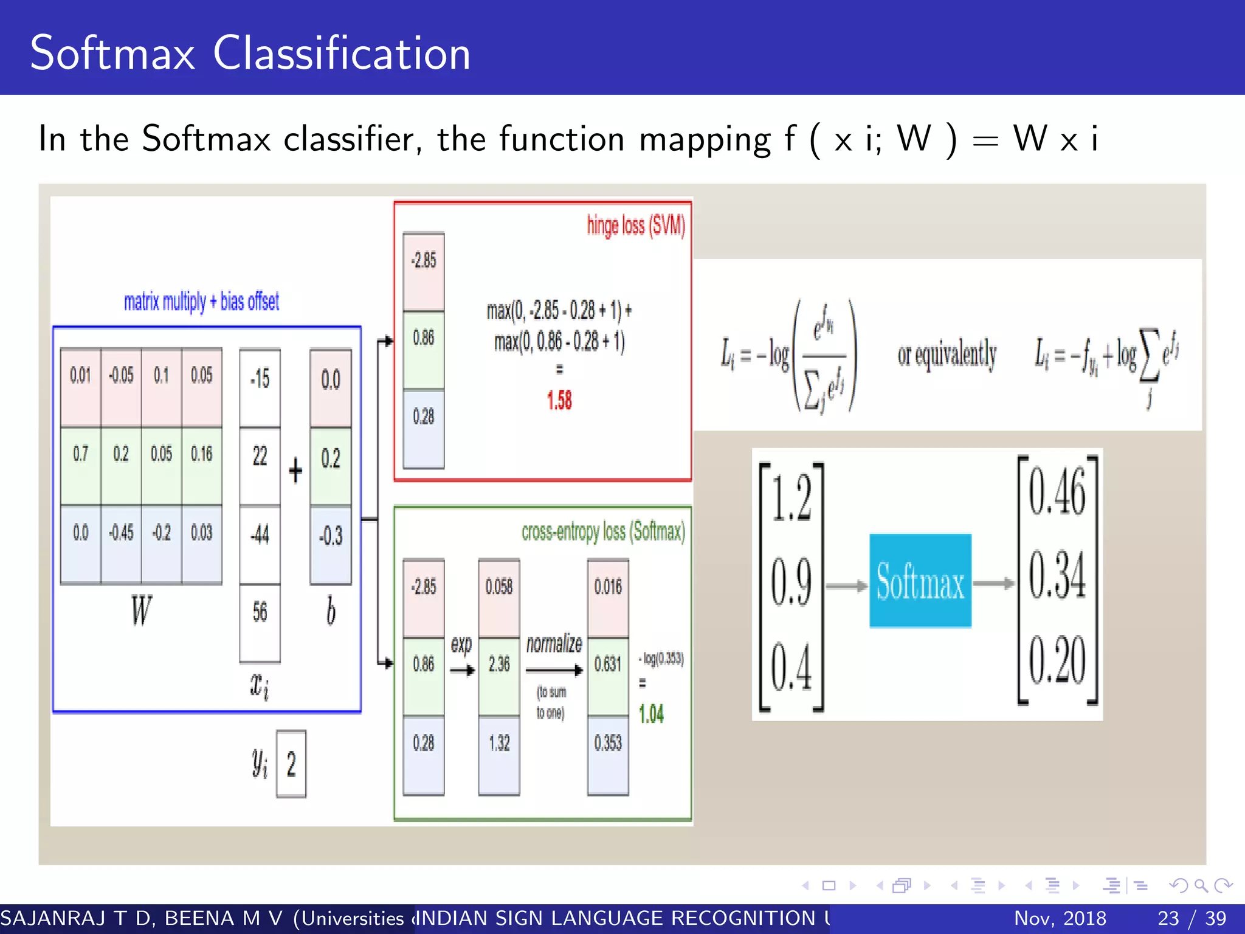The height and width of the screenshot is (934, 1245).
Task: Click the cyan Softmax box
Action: click(x=920, y=581)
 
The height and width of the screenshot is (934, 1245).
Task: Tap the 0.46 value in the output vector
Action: click(x=1057, y=493)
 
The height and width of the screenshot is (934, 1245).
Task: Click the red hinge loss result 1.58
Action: click(x=559, y=400)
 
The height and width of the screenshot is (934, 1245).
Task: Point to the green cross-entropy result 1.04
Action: click(x=651, y=714)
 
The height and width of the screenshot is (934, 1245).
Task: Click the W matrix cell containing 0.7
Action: click(x=81, y=454)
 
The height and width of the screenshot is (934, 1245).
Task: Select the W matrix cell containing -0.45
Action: click(x=121, y=533)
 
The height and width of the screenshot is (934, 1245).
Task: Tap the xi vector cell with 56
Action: click(x=260, y=612)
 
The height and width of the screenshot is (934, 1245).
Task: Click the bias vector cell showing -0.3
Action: click(x=331, y=536)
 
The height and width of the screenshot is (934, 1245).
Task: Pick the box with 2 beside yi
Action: click(x=291, y=764)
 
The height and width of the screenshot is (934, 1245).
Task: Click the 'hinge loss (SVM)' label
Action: click(x=635, y=226)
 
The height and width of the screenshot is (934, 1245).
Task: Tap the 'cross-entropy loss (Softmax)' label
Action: click(x=602, y=532)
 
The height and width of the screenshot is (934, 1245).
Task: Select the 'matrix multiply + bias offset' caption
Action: click(x=201, y=302)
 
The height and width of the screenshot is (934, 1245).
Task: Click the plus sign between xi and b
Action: click(x=295, y=470)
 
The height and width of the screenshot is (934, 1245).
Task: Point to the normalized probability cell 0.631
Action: click(x=608, y=664)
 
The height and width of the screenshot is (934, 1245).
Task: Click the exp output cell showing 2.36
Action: click(x=499, y=664)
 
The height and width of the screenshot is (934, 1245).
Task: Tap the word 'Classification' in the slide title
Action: click(x=341, y=54)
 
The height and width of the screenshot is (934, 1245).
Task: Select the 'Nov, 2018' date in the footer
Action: click(x=1060, y=918)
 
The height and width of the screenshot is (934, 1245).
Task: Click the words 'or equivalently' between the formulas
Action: click(x=947, y=355)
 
